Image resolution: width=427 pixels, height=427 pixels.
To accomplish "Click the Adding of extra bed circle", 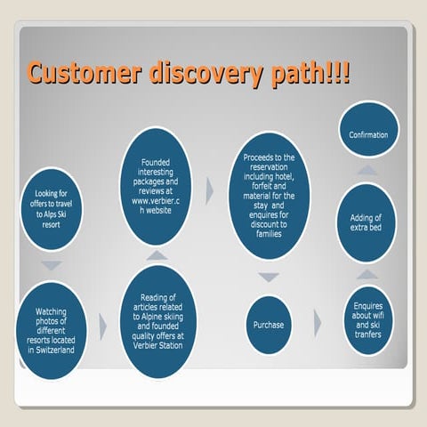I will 365,222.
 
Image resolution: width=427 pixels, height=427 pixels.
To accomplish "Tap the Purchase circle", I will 268,325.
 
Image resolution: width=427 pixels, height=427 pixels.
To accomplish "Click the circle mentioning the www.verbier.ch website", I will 156,187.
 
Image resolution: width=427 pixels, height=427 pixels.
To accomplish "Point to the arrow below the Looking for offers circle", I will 53,265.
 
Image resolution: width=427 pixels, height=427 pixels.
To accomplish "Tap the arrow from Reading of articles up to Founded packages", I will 156,255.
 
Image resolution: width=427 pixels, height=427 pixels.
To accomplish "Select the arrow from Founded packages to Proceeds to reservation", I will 210,189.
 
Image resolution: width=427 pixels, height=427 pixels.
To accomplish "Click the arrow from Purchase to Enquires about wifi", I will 318,323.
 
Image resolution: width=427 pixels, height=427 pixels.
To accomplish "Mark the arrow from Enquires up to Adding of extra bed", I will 365,273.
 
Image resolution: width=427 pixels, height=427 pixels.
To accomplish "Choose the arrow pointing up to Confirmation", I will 367,169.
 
